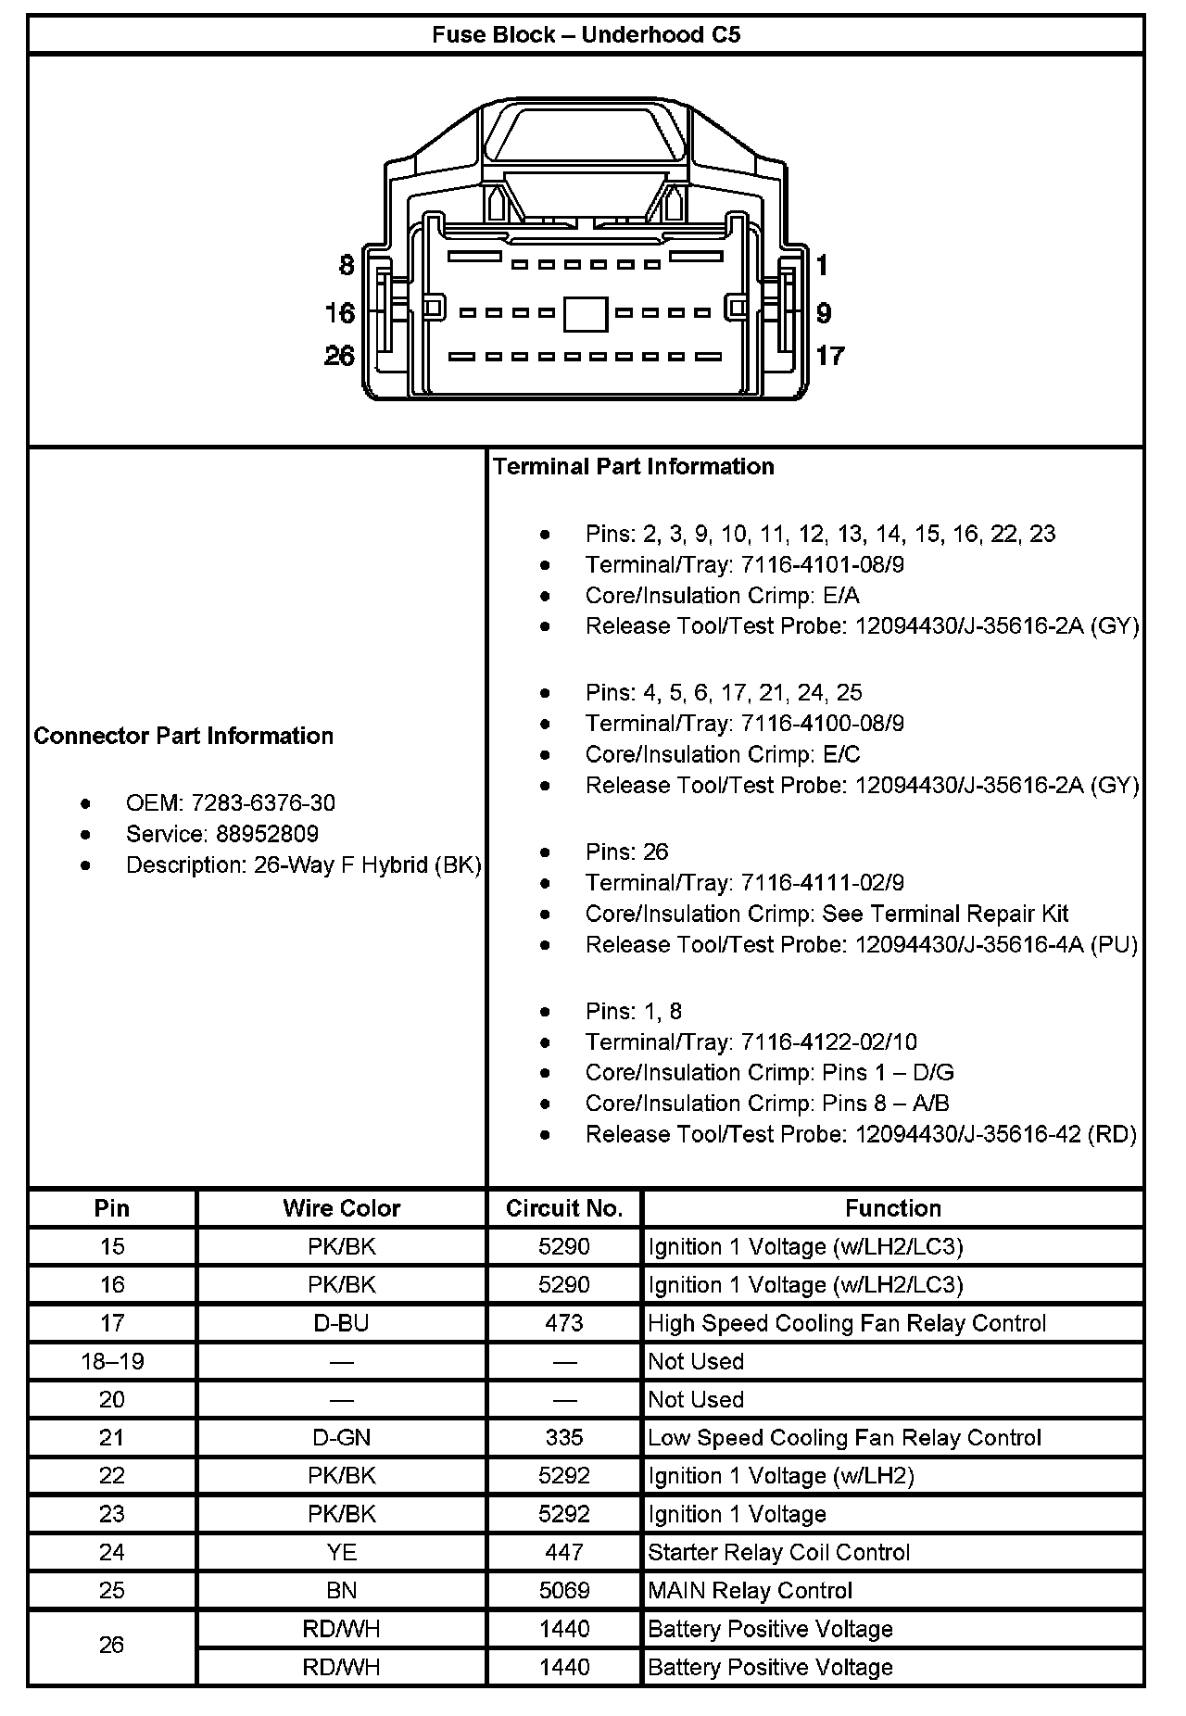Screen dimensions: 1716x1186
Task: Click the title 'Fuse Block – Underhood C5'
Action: click(586, 35)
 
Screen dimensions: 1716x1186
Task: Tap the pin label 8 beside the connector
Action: click(347, 266)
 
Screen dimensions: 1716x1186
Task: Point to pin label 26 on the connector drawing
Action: click(339, 356)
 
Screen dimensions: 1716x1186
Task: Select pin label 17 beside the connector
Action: click(830, 356)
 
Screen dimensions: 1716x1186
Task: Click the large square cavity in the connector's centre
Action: click(586, 314)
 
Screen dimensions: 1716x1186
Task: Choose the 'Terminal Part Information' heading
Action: click(634, 467)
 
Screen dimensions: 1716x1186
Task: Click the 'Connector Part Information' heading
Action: click(183, 736)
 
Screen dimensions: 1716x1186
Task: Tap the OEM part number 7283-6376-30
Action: click(263, 802)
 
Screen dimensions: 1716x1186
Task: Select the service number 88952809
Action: click(267, 834)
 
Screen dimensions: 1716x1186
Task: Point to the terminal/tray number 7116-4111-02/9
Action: click(823, 882)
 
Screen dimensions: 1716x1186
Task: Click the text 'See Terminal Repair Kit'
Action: click(945, 914)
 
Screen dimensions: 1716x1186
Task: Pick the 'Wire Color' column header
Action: click(341, 1208)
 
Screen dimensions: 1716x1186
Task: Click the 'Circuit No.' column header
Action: click(563, 1208)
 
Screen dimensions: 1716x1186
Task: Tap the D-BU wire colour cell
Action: click(341, 1323)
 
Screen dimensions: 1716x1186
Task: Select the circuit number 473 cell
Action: click(563, 1323)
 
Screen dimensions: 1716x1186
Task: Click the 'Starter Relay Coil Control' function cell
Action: click(778, 1552)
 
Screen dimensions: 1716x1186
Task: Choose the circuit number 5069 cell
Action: click(563, 1590)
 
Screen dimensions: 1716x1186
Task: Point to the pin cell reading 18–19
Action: click(112, 1361)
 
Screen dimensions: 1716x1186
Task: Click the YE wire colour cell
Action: click(341, 1552)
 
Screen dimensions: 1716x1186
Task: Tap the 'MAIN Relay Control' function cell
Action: click(750, 1590)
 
